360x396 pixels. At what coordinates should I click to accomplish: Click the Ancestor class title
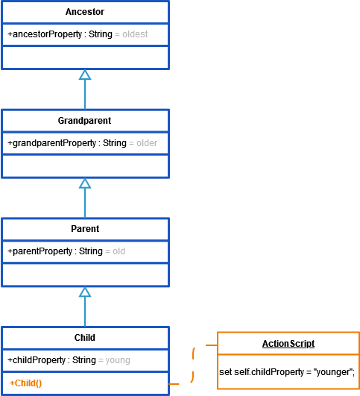coord(85,12)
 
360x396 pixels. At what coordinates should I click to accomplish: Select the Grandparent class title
coord(84,121)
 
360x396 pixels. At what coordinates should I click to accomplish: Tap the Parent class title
coord(85,229)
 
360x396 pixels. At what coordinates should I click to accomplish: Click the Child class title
coord(85,338)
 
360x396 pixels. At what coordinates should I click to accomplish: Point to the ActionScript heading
coord(288,344)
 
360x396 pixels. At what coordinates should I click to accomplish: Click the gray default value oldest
coord(135,34)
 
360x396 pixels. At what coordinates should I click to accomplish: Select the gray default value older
coord(147,143)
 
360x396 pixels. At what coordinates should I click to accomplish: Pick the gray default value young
coord(118,360)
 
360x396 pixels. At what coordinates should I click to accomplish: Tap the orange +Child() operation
coord(26,383)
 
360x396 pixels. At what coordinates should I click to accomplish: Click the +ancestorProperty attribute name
coord(45,34)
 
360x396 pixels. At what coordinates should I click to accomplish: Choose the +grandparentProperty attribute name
coord(51,143)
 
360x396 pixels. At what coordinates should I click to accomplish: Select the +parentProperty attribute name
coord(40,251)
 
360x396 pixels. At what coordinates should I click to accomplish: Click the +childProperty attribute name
coord(37,360)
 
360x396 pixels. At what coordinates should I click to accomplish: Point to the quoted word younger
coord(332,372)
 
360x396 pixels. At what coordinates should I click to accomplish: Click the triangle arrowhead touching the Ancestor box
coord(85,75)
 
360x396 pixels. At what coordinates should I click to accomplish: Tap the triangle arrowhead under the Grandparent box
coord(85,183)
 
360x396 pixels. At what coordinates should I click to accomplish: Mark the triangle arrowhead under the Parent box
coord(85,292)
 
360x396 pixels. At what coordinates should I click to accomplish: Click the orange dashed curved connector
coord(193,364)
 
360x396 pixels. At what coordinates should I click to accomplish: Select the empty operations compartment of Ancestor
coord(85,57)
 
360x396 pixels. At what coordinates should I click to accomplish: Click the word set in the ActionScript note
coord(225,372)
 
